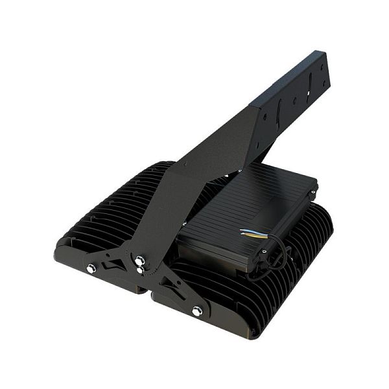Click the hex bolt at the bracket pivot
click(139, 261)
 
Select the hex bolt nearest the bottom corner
click(196, 311)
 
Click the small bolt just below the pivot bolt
click(140, 270)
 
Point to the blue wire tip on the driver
click(242, 230)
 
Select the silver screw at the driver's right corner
click(314, 192)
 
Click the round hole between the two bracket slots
click(295, 100)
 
